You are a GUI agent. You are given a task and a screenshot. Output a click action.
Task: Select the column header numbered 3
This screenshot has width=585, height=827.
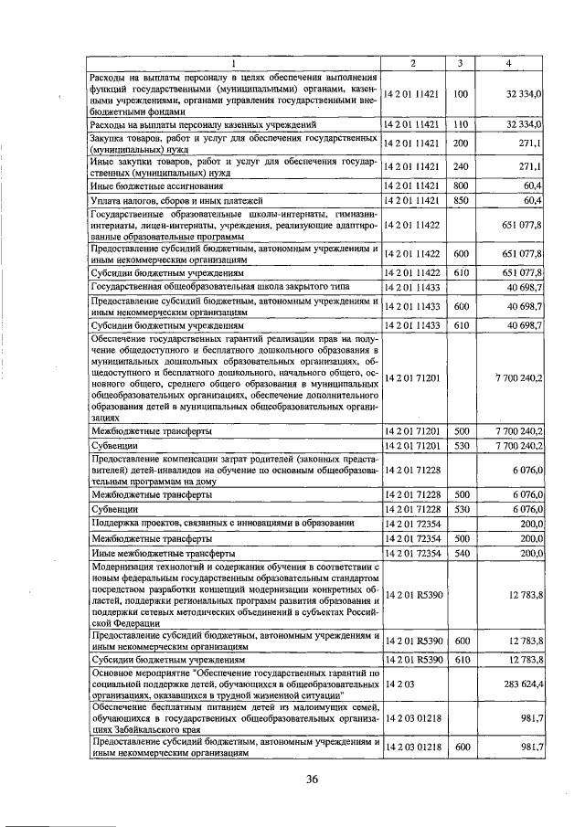(x=460, y=62)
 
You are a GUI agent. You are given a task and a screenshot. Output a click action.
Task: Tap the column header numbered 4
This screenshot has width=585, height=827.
(x=509, y=62)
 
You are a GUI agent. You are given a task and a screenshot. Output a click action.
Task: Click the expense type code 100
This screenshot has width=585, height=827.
(x=460, y=93)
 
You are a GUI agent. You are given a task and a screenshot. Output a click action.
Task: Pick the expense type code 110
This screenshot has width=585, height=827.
(x=460, y=123)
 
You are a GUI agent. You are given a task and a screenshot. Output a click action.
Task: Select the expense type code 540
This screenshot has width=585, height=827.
(x=460, y=553)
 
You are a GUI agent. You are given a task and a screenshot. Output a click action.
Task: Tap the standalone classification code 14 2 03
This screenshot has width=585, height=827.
(x=399, y=682)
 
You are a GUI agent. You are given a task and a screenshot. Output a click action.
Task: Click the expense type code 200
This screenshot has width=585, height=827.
(x=460, y=143)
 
